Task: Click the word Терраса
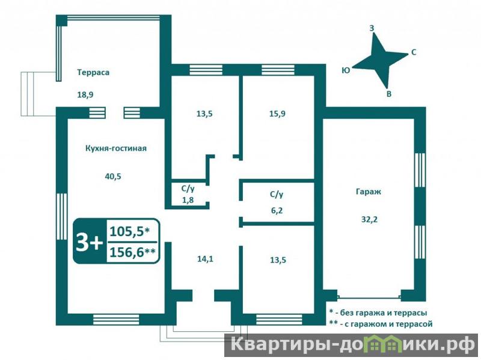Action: click(93, 73)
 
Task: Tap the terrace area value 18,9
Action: click(85, 95)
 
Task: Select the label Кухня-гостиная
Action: click(116, 148)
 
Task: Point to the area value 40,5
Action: click(113, 176)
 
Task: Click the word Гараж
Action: click(369, 192)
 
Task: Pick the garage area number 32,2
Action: click(369, 219)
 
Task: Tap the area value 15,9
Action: click(277, 114)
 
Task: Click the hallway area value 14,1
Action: click(205, 259)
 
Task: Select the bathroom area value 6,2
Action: click(277, 211)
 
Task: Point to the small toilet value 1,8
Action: click(188, 200)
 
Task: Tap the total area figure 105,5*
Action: click(129, 231)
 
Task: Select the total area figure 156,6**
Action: click(132, 252)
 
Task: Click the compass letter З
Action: click(372, 28)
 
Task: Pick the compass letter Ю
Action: click(346, 70)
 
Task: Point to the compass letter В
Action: click(388, 94)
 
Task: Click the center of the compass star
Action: click(381, 59)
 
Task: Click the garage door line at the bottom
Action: click(369, 296)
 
